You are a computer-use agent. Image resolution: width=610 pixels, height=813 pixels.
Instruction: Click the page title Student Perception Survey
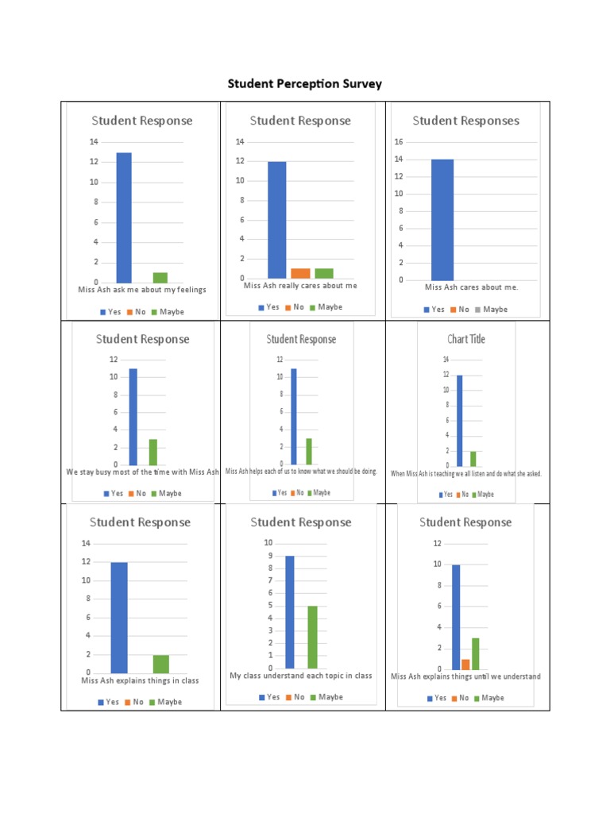305,83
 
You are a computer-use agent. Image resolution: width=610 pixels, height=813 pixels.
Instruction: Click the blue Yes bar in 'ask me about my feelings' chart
124,218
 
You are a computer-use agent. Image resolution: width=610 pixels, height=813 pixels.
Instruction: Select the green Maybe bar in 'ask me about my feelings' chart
160,277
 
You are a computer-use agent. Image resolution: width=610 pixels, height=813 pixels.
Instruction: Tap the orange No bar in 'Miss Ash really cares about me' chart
300,273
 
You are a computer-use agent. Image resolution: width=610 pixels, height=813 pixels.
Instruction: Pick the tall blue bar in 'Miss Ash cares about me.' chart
442,220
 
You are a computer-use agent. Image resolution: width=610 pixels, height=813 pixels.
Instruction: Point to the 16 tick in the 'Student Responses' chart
400,142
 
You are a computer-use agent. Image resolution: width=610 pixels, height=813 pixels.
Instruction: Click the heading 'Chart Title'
466,339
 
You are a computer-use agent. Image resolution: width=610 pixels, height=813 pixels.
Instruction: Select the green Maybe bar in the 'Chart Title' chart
473,458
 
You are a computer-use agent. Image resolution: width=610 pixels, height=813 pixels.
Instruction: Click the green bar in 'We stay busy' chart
153,452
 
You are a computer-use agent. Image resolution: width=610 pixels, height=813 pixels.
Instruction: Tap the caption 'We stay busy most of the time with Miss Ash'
142,472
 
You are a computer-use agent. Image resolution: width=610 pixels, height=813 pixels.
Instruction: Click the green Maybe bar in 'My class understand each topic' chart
312,638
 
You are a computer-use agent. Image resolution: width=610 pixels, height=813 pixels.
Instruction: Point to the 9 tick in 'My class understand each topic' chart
269,556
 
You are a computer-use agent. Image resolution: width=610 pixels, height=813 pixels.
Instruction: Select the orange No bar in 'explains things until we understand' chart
465,665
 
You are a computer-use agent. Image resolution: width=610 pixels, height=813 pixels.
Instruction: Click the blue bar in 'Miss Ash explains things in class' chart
119,618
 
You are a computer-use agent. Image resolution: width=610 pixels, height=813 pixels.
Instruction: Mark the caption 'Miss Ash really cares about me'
300,286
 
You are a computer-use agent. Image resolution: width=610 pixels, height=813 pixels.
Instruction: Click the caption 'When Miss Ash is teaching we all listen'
466,474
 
